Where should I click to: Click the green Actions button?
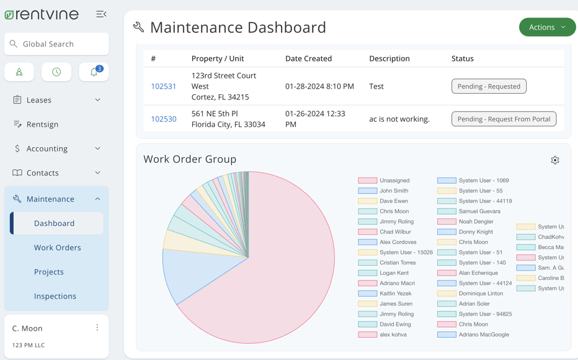click(546, 27)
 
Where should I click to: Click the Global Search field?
click(56, 44)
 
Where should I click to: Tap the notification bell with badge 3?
click(94, 72)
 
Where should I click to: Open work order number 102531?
click(164, 86)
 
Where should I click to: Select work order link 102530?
click(164, 119)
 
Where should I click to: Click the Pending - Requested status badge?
click(489, 86)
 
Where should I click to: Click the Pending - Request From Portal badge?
click(504, 119)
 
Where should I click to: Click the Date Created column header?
click(308, 58)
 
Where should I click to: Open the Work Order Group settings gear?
click(555, 160)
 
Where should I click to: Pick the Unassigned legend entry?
click(384, 181)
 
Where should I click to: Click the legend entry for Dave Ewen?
click(384, 201)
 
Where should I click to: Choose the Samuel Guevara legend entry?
click(469, 212)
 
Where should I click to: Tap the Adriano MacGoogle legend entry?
click(474, 335)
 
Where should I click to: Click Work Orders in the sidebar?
click(57, 248)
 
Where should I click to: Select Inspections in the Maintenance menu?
click(55, 296)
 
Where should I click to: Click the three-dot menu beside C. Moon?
click(97, 328)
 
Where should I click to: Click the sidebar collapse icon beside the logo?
click(101, 14)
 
